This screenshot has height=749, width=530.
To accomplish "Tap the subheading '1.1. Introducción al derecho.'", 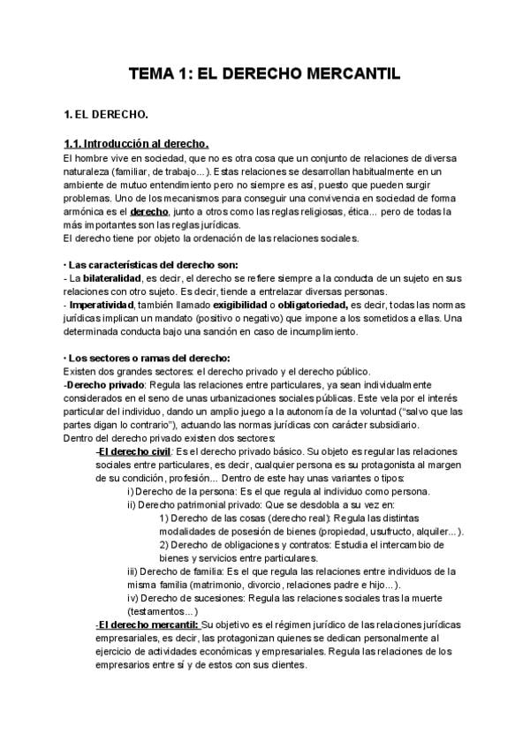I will click(136, 144).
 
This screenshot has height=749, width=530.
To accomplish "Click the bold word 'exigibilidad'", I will click(241, 306).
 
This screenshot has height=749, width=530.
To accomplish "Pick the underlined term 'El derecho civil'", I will click(135, 451).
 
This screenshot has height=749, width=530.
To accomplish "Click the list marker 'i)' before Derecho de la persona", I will click(131, 492).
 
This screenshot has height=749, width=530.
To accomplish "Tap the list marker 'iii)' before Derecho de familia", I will click(133, 571).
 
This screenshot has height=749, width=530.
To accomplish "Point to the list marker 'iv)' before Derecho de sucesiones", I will click(132, 598).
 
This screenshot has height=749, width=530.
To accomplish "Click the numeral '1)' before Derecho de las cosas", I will click(164, 518).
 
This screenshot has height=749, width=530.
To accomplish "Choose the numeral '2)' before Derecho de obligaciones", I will click(164, 545).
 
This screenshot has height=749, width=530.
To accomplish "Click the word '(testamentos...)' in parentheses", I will click(163, 611).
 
